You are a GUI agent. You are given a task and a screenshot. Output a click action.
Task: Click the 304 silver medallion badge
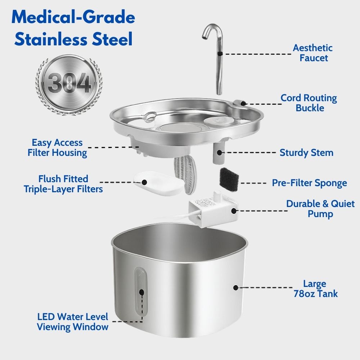tap(68, 84)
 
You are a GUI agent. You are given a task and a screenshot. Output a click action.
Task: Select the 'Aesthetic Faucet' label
tap(312, 53)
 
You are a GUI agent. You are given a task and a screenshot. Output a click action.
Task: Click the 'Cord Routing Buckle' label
tap(309, 103)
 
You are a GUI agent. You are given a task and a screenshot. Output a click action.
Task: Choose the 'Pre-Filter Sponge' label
tap(309, 183)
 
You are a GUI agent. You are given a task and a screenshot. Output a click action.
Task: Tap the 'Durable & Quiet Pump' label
tap(320, 209)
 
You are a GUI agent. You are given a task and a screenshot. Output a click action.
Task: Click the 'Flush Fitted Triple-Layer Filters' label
tap(64, 184)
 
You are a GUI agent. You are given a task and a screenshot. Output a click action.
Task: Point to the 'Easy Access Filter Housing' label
tap(58, 148)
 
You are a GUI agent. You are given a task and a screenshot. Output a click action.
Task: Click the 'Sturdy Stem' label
tap(306, 153)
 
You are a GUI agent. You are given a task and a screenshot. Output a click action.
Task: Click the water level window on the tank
tap(141, 292)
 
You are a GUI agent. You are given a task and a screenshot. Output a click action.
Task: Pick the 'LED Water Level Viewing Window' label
tap(73, 322)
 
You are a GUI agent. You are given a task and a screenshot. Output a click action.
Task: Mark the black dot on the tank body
tap(236, 288)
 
